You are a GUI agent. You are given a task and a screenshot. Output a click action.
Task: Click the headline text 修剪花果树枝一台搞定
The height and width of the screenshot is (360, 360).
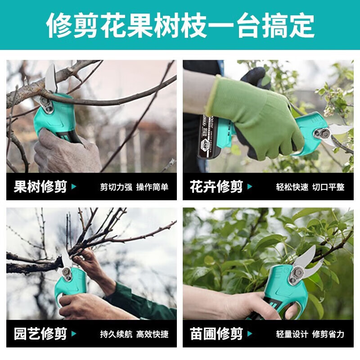[180, 25]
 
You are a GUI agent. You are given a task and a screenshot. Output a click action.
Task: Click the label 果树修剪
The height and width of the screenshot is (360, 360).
[40, 187]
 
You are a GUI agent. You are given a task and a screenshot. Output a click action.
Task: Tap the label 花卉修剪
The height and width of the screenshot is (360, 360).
[216, 187]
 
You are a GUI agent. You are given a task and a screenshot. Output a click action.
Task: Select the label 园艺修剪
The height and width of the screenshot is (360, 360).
[40, 334]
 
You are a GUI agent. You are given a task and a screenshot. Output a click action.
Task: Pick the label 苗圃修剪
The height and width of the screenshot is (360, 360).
[216, 334]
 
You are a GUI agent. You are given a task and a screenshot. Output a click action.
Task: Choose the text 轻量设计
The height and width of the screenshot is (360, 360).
[292, 334]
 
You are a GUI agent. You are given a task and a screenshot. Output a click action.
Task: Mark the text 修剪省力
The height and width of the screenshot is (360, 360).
[328, 334]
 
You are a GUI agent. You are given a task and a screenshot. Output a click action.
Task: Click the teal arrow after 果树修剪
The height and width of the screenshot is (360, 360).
[74, 187]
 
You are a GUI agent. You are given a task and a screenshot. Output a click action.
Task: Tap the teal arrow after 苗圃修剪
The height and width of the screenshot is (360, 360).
[250, 334]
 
